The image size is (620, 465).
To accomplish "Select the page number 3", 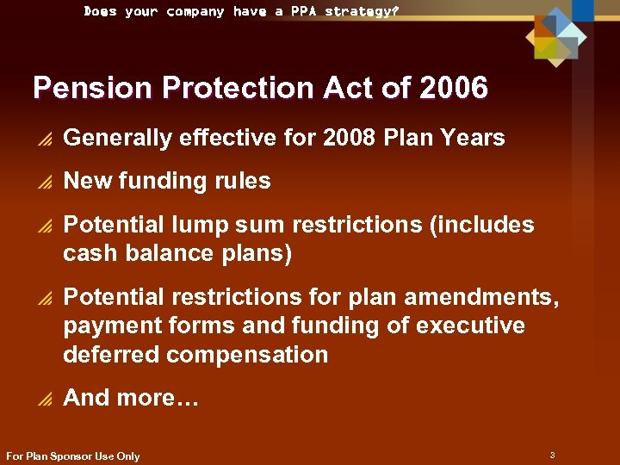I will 551,454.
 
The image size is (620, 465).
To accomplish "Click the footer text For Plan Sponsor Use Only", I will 72,456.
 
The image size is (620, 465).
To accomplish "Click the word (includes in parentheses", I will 483,225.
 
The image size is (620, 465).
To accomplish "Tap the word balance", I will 163,253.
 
